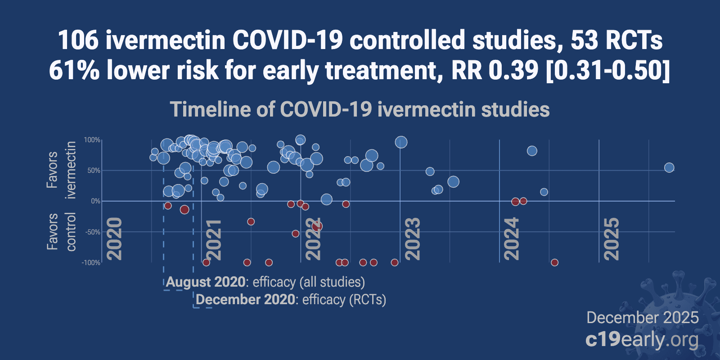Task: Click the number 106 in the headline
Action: click(x=79, y=40)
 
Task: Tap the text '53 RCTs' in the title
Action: click(x=616, y=40)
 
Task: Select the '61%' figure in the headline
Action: click(x=74, y=71)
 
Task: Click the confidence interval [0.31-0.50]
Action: click(x=607, y=71)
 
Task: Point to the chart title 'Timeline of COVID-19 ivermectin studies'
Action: click(x=360, y=110)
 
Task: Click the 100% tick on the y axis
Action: click(x=92, y=140)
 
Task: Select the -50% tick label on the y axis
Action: click(x=92, y=232)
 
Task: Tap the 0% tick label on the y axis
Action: click(x=95, y=201)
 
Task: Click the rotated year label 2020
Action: click(x=114, y=239)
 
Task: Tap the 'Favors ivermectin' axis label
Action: click(x=61, y=170)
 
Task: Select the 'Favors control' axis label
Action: click(x=61, y=232)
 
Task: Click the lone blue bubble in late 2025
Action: click(x=669, y=168)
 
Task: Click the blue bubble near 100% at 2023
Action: click(x=401, y=142)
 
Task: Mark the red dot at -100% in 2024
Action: click(x=554, y=262)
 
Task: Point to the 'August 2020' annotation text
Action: click(x=206, y=282)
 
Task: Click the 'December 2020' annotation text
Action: click(x=246, y=300)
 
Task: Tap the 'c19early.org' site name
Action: click(x=642, y=340)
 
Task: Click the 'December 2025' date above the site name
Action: click(x=642, y=318)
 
